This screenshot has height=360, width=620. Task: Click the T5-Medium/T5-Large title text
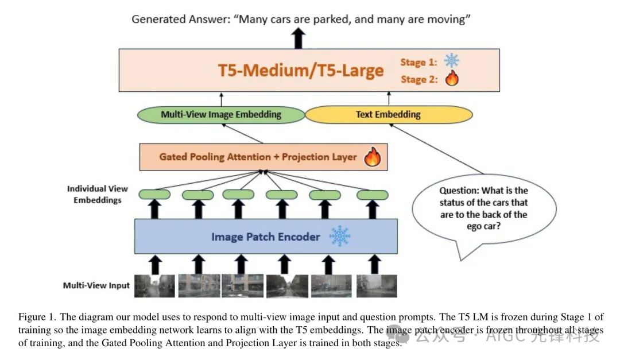[x=300, y=71]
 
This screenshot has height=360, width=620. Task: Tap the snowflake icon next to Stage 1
[x=452, y=61]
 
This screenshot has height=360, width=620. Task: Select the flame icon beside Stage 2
[x=452, y=79]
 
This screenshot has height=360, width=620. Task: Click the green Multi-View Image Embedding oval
[x=221, y=114]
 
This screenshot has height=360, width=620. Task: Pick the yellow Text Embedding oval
[x=388, y=114]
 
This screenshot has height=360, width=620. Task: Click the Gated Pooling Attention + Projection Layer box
[x=258, y=157]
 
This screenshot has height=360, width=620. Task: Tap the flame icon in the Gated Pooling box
[x=372, y=156]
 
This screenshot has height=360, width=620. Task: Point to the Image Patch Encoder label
[x=265, y=236]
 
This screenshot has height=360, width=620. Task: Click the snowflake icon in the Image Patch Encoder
[x=339, y=236]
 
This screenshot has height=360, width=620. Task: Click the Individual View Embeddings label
[x=98, y=194]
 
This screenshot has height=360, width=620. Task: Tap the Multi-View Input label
[x=96, y=285]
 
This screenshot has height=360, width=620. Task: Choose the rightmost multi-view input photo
[x=376, y=285]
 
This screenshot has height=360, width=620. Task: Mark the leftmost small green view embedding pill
[x=154, y=195]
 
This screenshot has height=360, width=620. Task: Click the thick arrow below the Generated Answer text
[x=298, y=38]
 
